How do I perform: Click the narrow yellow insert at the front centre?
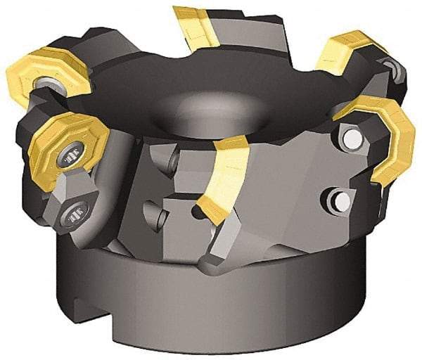(x=223, y=175)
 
